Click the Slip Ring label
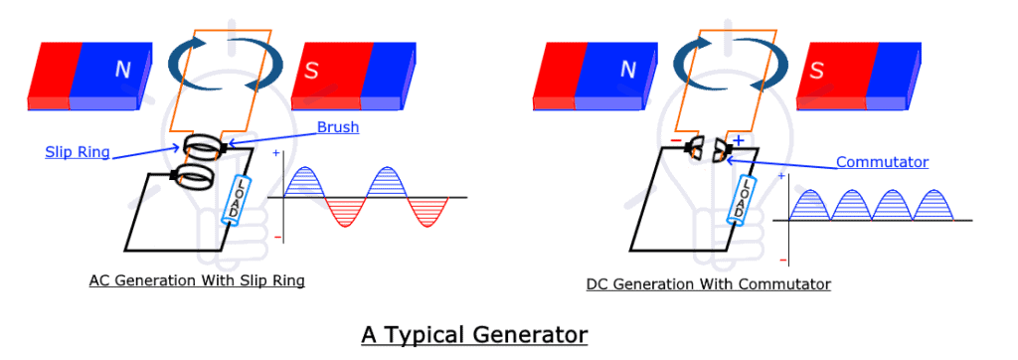tap(77, 152)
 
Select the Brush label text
tap(338, 127)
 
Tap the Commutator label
tap(882, 162)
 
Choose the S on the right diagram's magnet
tap(817, 71)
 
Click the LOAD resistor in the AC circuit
tap(240, 200)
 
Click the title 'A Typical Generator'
tap(474, 334)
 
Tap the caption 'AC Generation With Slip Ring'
tap(197, 280)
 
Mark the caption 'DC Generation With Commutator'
tap(708, 284)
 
